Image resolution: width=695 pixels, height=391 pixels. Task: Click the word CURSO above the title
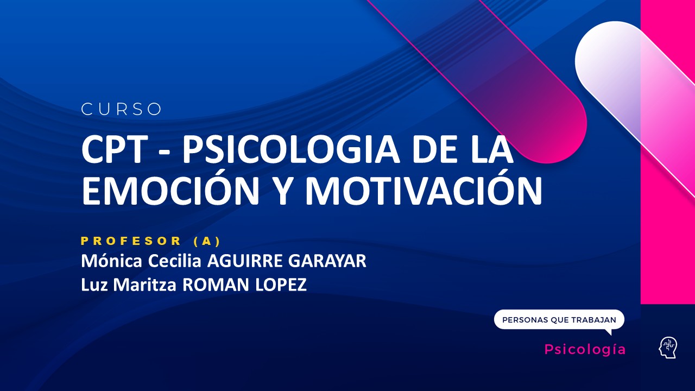122,109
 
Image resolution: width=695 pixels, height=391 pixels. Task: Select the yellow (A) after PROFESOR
207,241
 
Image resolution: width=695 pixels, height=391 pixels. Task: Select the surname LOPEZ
281,285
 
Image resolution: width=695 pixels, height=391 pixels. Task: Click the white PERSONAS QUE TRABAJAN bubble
559,320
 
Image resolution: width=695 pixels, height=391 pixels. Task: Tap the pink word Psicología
585,349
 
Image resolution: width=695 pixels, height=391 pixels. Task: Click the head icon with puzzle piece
668,348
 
